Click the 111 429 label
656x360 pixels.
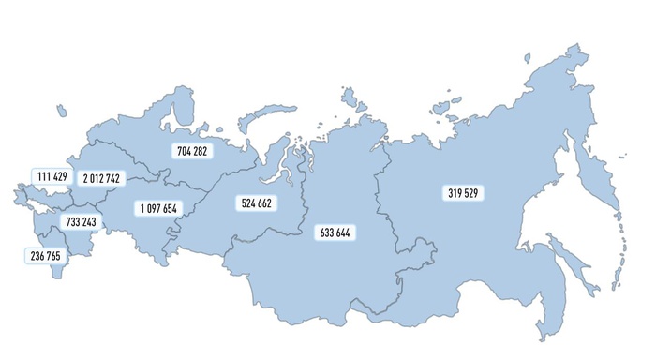(x=52, y=176)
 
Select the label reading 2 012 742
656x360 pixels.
(x=100, y=178)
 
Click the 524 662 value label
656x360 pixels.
(x=255, y=202)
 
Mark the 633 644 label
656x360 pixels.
(x=335, y=232)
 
